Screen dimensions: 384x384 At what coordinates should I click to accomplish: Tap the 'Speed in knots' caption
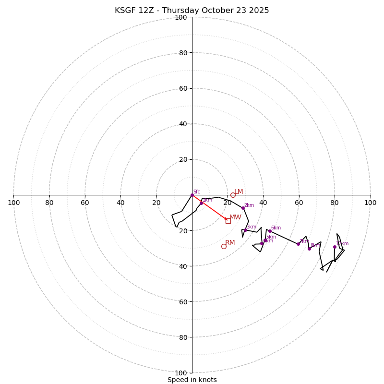(192, 380)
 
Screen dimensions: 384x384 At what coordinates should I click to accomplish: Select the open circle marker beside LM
(233, 195)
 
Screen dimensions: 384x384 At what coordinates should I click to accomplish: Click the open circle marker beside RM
(224, 246)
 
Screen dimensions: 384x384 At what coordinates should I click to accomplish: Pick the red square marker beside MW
(228, 221)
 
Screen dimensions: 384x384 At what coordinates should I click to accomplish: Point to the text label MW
(235, 217)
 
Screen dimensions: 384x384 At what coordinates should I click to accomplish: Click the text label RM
(230, 243)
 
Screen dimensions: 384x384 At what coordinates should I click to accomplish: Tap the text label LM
(239, 192)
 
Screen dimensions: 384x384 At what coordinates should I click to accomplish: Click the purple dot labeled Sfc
(192, 195)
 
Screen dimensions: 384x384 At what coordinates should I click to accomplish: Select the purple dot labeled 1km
(201, 203)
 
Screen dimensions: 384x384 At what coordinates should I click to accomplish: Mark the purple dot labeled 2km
(243, 208)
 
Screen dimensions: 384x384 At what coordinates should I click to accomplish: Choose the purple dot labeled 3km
(245, 230)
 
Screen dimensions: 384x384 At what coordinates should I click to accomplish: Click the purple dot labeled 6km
(270, 231)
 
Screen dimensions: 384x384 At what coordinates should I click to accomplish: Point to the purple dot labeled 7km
(298, 244)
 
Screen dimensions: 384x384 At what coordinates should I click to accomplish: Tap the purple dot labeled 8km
(309, 249)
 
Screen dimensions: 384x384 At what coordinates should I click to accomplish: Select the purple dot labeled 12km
(335, 247)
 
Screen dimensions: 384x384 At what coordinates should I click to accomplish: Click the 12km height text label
(343, 244)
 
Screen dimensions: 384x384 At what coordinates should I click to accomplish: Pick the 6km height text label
(276, 228)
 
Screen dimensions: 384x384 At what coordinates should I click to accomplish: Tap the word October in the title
(216, 11)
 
